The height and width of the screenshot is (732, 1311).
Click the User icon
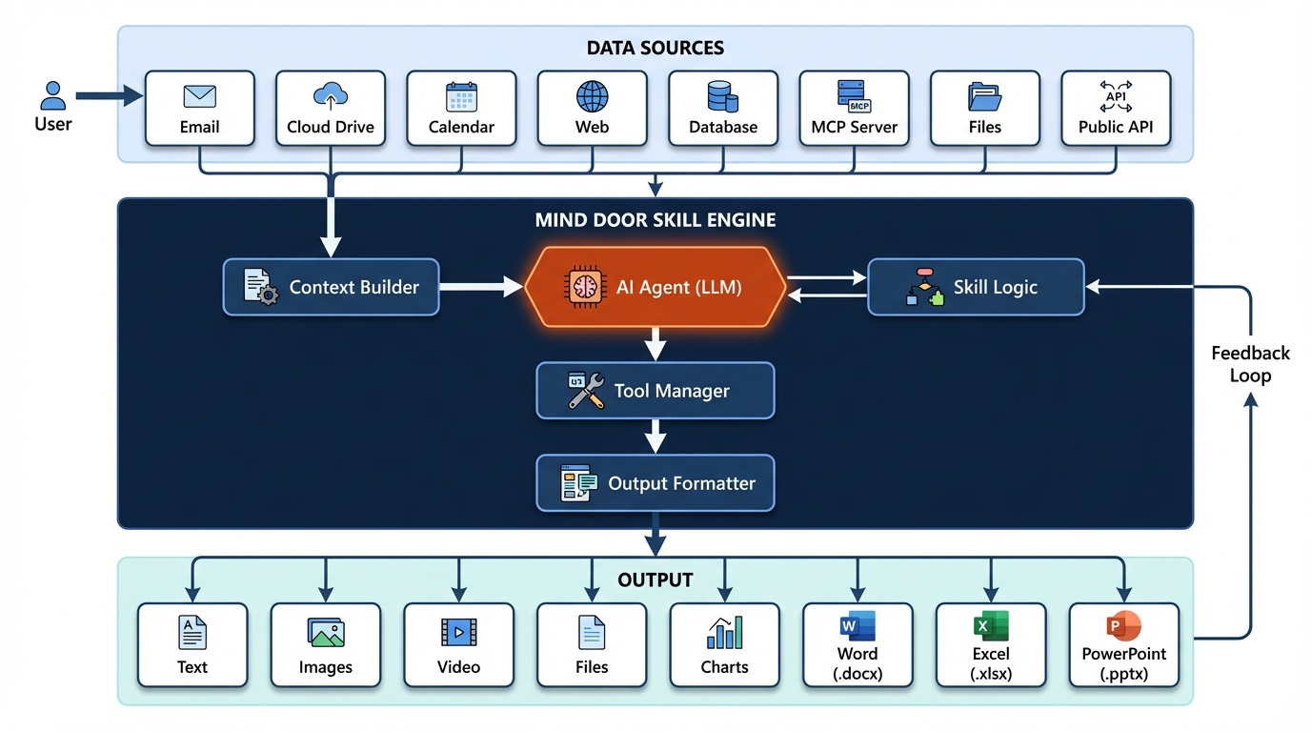pyautogui.click(x=53, y=95)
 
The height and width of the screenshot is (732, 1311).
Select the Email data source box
pyautogui.click(x=200, y=108)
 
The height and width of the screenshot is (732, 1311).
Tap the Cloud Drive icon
pyautogui.click(x=331, y=95)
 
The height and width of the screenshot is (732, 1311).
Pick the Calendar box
pyautogui.click(x=461, y=108)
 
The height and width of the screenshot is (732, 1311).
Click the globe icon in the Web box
pyautogui.click(x=592, y=96)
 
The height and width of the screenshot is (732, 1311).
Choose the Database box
pyautogui.click(x=723, y=108)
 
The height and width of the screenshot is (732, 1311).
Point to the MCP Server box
pyautogui.click(x=854, y=108)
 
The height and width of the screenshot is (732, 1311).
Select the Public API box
pyautogui.click(x=1115, y=108)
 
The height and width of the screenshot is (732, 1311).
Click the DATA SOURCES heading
pyautogui.click(x=655, y=48)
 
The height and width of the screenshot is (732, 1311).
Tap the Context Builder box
pyautogui.click(x=331, y=287)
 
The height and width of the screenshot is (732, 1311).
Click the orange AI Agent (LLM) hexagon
pyautogui.click(x=655, y=287)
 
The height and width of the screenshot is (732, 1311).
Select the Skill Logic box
pyautogui.click(x=976, y=287)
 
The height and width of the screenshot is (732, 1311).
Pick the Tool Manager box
pyautogui.click(x=655, y=391)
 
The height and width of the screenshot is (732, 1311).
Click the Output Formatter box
pyautogui.click(x=655, y=483)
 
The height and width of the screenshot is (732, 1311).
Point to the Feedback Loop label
pyautogui.click(x=1250, y=364)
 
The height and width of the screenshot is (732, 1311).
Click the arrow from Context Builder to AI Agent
pyautogui.click(x=481, y=287)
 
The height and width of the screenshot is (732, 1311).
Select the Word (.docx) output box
pyautogui.click(x=857, y=645)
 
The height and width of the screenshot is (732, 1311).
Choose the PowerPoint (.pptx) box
pyautogui.click(x=1123, y=645)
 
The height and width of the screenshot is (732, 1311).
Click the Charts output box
pyautogui.click(x=724, y=645)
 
